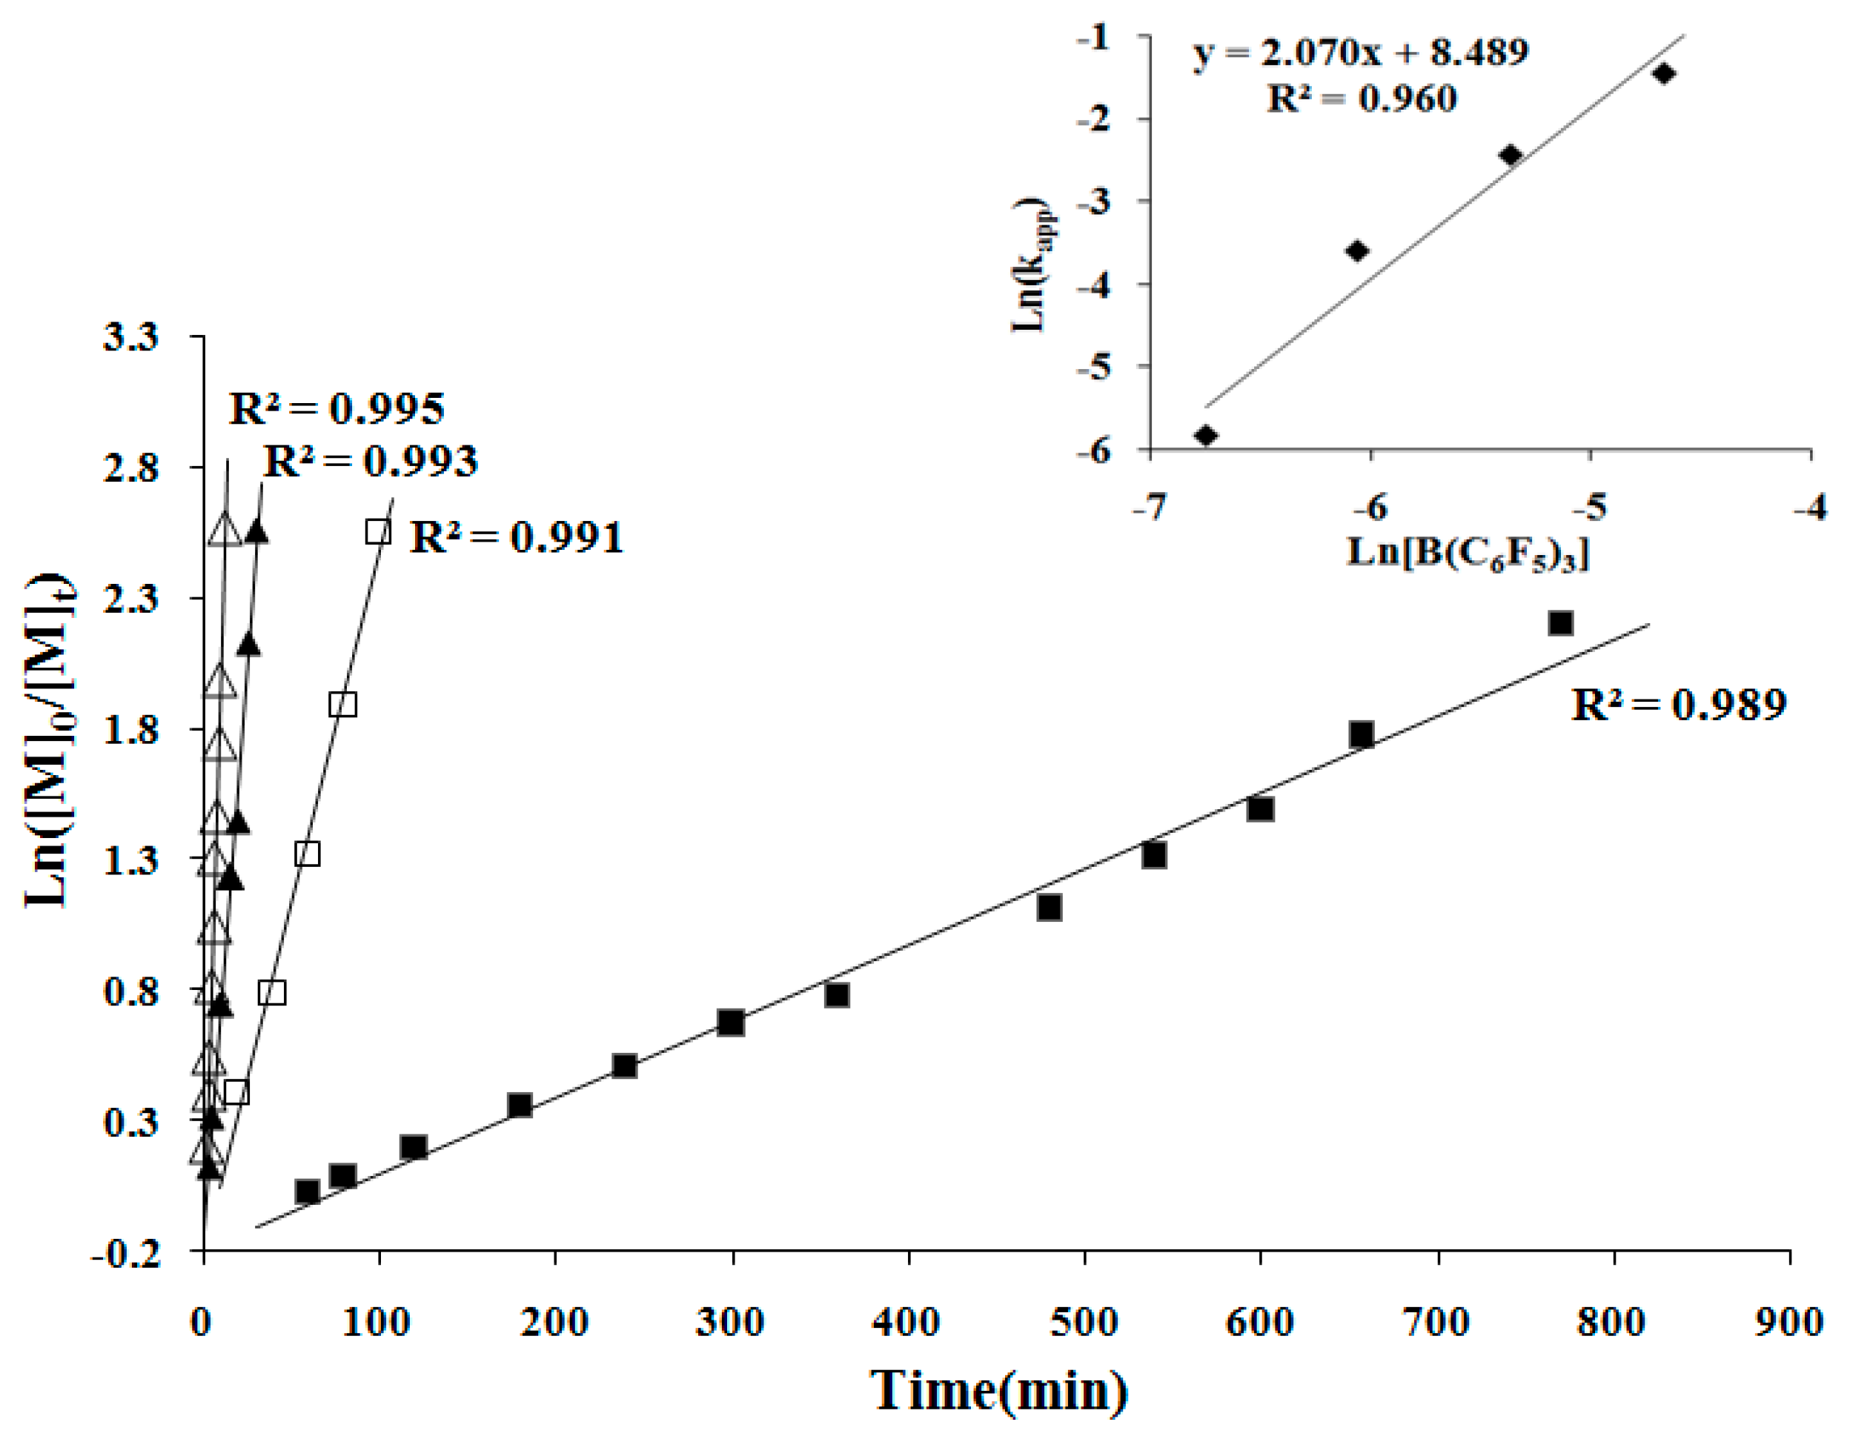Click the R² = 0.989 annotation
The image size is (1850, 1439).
coord(1678,705)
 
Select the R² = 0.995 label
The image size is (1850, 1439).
coord(336,409)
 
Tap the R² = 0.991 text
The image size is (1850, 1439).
coord(517,538)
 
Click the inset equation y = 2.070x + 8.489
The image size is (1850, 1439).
coord(1360,53)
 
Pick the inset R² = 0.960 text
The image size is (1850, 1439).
coord(1362,99)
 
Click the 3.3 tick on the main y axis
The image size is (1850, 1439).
coord(130,337)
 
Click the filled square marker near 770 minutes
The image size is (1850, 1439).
coord(1560,623)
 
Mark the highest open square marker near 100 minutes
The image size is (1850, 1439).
coord(378,532)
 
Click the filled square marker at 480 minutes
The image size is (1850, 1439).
coord(1049,908)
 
